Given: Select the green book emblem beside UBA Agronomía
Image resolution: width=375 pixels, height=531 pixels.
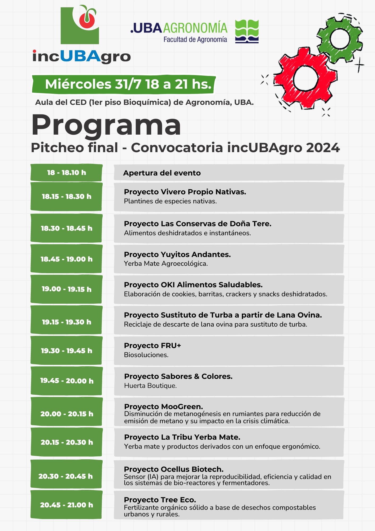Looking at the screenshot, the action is [x=247, y=31].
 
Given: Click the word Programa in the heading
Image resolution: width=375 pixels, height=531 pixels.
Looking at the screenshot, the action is [x=106, y=125].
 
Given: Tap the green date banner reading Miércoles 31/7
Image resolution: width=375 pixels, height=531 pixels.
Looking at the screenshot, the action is [x=124, y=84].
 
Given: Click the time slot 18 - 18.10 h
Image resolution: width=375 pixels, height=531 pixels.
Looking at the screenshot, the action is [x=66, y=173].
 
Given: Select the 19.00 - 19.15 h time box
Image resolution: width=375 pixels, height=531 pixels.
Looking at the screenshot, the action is [x=66, y=289].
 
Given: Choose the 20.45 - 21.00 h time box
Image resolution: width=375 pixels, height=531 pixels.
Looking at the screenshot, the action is [x=66, y=505].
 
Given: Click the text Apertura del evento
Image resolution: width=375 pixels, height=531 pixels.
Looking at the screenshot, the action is [x=162, y=173].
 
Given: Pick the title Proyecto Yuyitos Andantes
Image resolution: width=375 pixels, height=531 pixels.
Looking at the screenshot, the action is [x=177, y=254].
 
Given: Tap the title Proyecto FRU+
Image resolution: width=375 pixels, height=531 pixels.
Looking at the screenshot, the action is [x=152, y=346].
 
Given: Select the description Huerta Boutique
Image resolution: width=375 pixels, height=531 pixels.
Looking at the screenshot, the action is [x=150, y=386].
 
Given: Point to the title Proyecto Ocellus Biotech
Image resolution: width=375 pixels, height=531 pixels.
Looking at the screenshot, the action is [x=174, y=469].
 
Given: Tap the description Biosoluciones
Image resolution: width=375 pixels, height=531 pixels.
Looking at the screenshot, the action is [x=146, y=355].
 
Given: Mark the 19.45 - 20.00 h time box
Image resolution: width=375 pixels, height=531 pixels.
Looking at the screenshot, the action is [x=66, y=381].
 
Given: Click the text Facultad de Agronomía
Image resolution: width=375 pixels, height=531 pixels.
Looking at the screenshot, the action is [x=195, y=40].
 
